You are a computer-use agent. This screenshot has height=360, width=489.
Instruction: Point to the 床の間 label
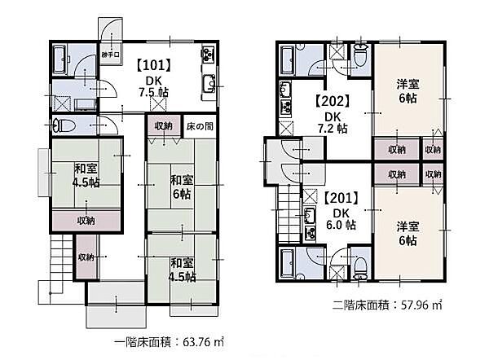coord(200,126)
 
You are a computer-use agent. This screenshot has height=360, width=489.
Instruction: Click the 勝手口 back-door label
coord(111,55)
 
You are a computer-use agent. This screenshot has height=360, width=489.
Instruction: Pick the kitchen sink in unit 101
coord(208,81)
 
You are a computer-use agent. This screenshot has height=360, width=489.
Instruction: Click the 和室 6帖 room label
coord(180,187)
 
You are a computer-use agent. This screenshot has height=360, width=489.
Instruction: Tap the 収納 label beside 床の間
coord(163,126)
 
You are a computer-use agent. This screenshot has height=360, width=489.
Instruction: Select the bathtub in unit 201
coord(289,262)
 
